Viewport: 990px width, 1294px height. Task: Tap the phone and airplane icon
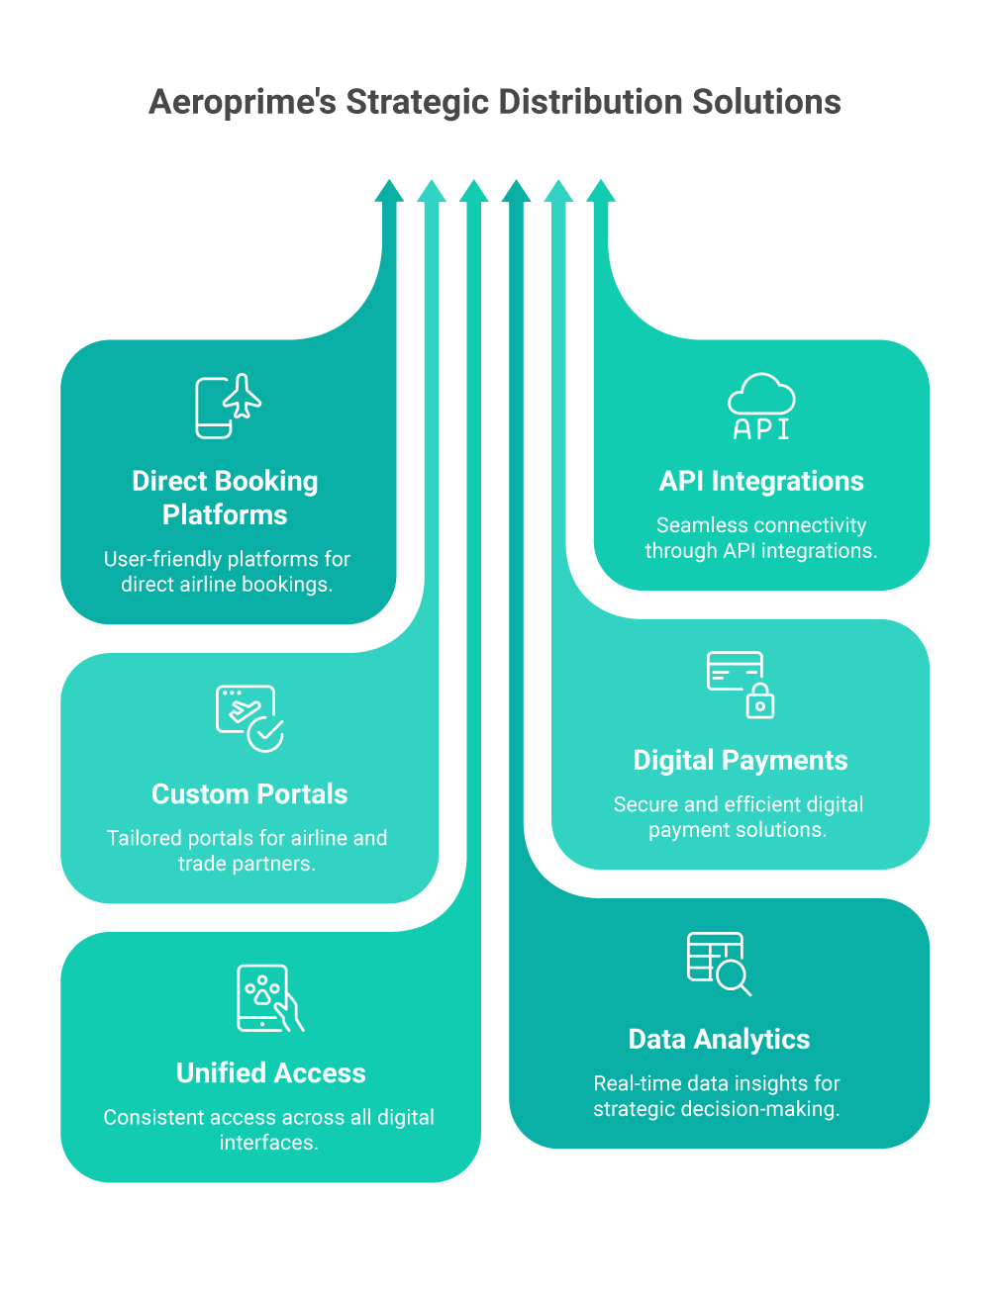point(228,407)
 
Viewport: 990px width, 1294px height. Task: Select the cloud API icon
point(761,407)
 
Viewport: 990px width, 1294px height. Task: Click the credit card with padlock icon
point(740,685)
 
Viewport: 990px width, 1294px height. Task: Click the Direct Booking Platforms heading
point(226,498)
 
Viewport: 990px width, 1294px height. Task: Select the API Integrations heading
point(761,481)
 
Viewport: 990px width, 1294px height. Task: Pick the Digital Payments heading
point(741,760)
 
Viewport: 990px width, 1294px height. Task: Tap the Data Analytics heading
point(719,1039)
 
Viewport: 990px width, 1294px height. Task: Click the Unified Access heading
point(270,1072)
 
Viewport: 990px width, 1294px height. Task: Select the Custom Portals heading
point(249,793)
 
